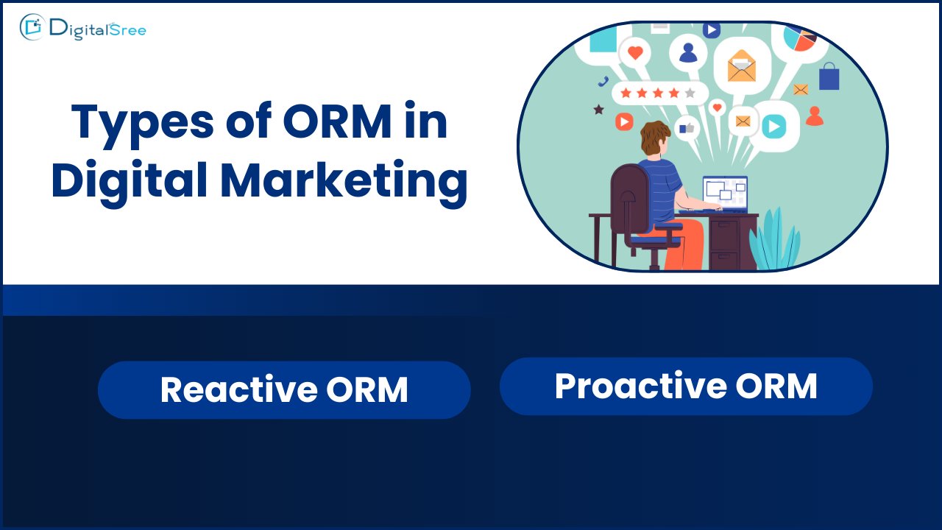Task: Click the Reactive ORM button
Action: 284,389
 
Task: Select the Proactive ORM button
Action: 686,386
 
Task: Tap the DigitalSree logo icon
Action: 32,27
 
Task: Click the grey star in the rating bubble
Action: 690,93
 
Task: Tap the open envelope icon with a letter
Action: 741,66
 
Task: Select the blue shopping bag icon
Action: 829,76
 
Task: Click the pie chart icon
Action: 800,38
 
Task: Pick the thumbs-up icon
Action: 687,127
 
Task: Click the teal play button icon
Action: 774,126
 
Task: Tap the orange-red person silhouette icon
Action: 815,116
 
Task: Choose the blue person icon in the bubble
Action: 688,53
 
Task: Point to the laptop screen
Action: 725,192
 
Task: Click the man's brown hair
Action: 654,137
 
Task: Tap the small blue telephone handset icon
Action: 603,82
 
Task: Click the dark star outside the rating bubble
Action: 598,110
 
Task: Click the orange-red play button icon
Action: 624,121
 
